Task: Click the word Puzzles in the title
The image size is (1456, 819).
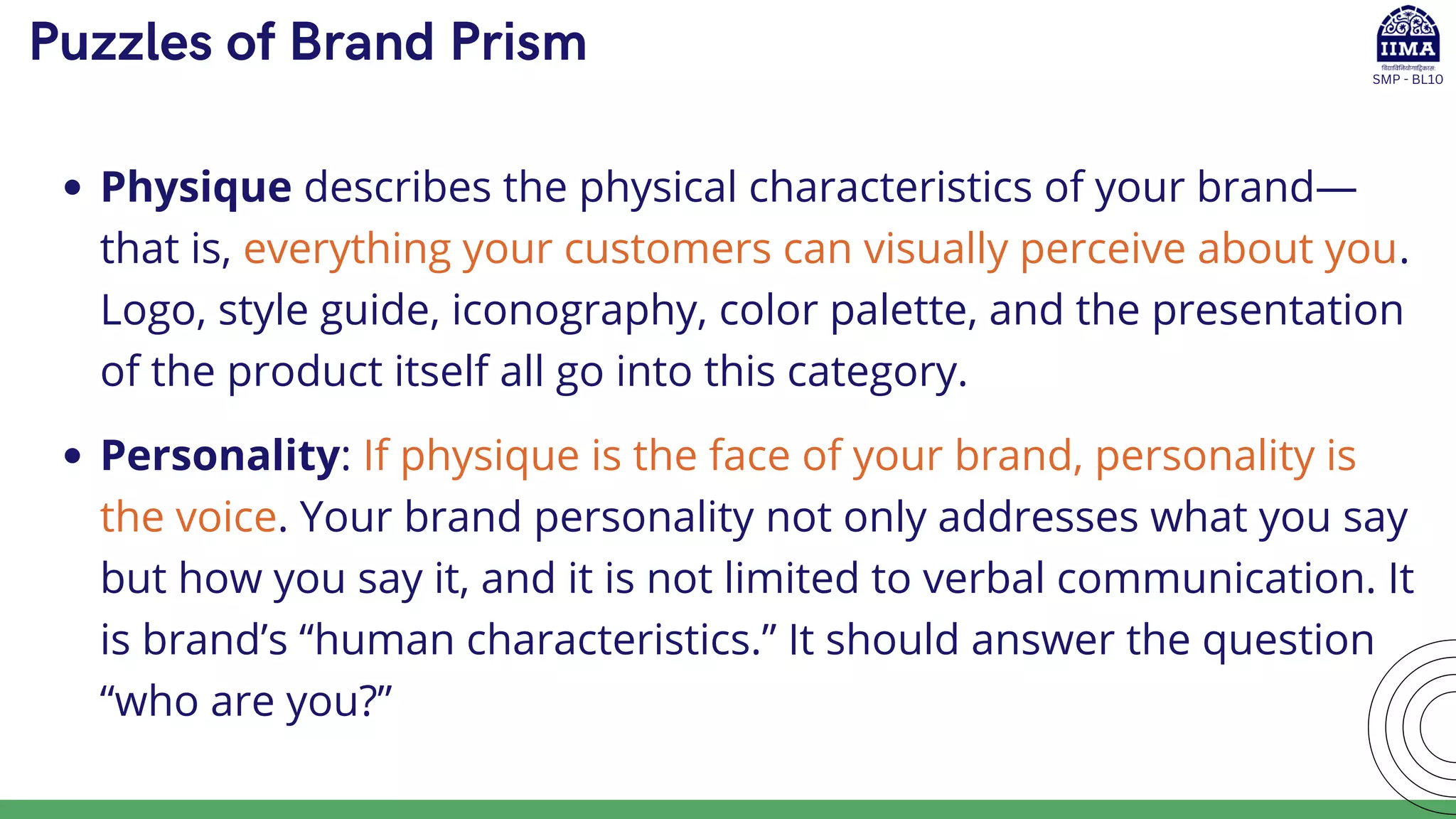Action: pyautogui.click(x=121, y=43)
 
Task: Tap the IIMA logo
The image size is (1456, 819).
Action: pyautogui.click(x=1408, y=36)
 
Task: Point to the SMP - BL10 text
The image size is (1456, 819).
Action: pyautogui.click(x=1408, y=80)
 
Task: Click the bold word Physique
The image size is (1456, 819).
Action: pyautogui.click(x=196, y=188)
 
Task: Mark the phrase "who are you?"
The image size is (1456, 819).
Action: pyautogui.click(x=246, y=702)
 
